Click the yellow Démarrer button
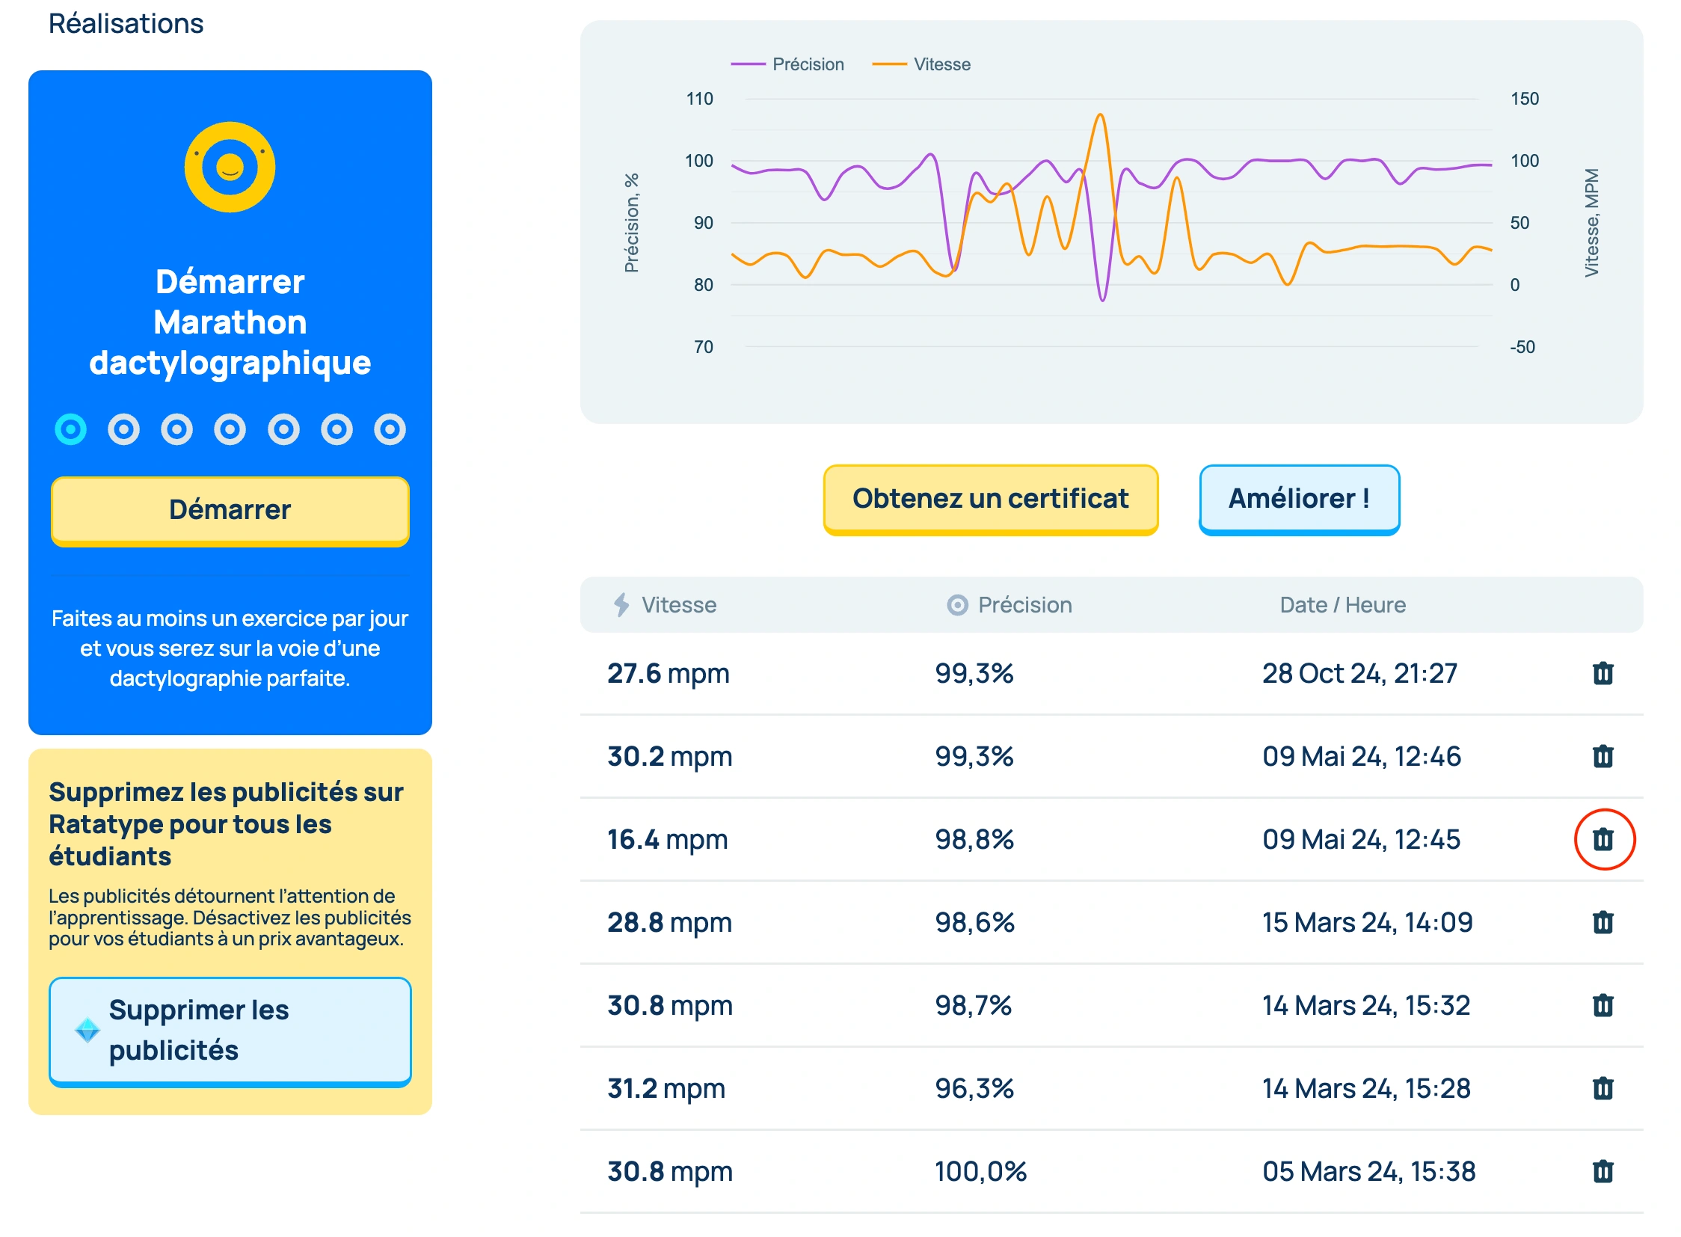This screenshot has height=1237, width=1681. pos(229,510)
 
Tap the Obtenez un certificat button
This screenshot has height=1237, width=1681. pos(990,499)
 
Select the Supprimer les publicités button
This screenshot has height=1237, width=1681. pos(229,1031)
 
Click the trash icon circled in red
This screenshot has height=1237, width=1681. pos(1602,839)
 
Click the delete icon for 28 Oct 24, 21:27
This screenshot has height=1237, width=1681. pos(1602,673)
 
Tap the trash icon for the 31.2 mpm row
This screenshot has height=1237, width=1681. pos(1602,1088)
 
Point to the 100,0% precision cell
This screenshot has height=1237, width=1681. pos(980,1171)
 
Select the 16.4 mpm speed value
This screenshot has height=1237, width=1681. pos(666,839)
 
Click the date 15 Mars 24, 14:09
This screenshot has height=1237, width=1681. pos(1366,922)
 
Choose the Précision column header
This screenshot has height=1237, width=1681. pos(1024,605)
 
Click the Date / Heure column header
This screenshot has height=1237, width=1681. pos(1342,605)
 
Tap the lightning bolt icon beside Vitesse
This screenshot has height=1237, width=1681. pos(621,605)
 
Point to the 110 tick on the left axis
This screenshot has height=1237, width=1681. pos(699,99)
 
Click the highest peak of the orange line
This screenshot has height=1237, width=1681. pos(1099,115)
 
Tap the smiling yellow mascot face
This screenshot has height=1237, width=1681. pos(229,167)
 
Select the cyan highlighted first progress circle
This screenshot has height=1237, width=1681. pos(70,429)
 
